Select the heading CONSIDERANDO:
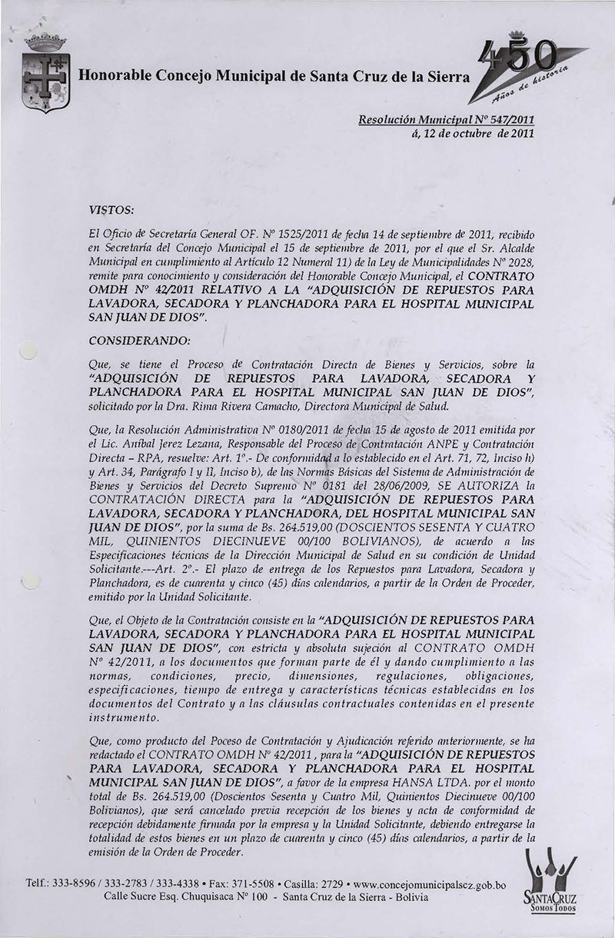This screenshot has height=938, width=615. (x=132, y=338)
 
